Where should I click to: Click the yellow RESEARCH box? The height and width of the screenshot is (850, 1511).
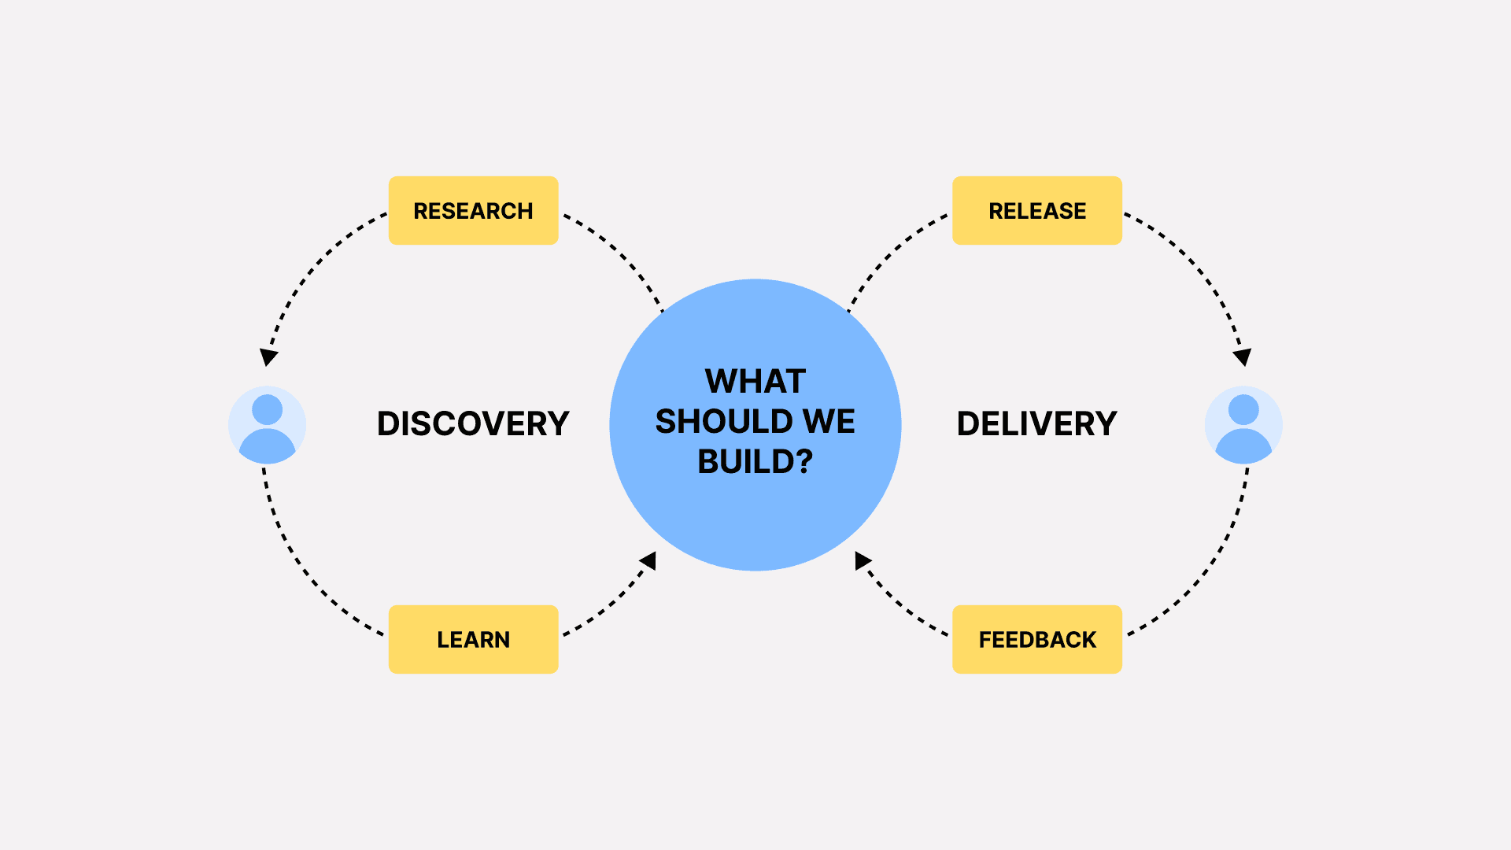tap(473, 210)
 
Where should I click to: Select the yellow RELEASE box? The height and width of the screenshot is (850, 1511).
tap(1036, 210)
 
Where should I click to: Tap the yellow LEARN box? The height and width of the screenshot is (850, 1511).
tap(473, 639)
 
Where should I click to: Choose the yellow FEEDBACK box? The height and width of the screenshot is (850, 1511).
tap(1036, 639)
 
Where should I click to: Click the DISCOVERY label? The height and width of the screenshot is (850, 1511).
tap(473, 423)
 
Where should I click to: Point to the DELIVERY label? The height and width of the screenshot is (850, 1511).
tap(1036, 423)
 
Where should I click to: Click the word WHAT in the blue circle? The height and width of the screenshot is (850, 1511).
tap(755, 382)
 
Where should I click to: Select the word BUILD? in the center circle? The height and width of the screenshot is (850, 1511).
tap(755, 462)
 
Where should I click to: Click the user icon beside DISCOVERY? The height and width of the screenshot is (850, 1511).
tap(267, 425)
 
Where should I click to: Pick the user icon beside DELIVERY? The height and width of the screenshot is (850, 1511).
tap(1243, 425)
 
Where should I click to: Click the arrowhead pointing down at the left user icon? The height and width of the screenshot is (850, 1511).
tap(269, 357)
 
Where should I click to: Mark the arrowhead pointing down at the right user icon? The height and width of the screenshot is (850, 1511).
tap(1243, 357)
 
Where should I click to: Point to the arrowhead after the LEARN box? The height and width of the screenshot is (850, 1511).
tap(648, 560)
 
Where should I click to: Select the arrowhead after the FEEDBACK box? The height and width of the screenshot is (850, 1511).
tap(863, 560)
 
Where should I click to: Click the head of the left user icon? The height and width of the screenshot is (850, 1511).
tap(267, 409)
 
